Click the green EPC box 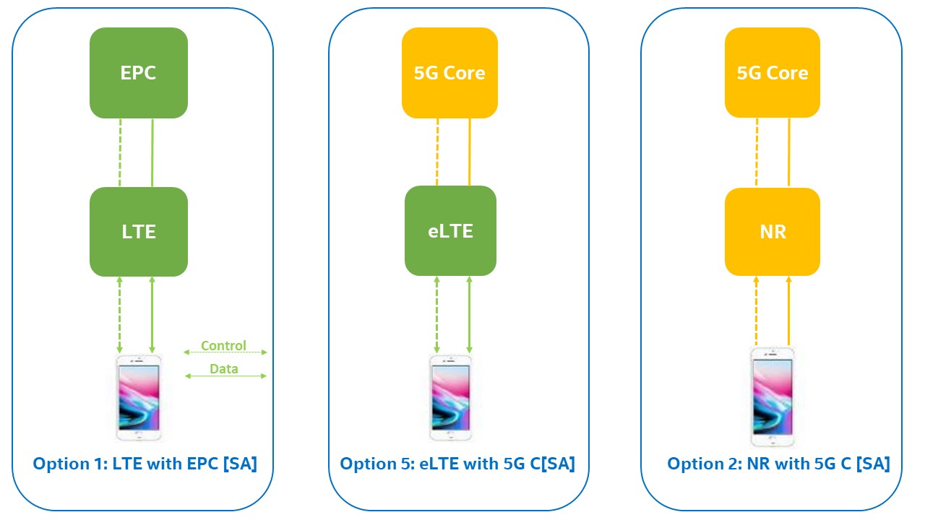click(x=139, y=73)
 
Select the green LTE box click(x=139, y=232)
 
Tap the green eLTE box click(x=450, y=230)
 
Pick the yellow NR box click(x=773, y=232)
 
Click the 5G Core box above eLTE click(x=449, y=73)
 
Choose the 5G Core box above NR click(x=773, y=73)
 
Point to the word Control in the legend click(x=223, y=345)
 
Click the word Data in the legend click(x=224, y=368)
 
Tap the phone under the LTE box click(x=139, y=397)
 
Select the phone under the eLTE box click(x=450, y=397)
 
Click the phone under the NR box click(x=773, y=397)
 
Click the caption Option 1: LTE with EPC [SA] click(x=145, y=464)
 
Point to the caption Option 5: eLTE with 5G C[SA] click(x=457, y=464)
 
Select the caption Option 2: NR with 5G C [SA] click(x=779, y=464)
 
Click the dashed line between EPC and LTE click(x=120, y=152)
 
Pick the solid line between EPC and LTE click(x=152, y=152)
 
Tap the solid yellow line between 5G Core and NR click(x=789, y=152)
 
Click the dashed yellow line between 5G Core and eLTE click(x=437, y=152)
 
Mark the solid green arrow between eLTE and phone click(x=470, y=315)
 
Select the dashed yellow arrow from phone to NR click(x=757, y=311)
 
